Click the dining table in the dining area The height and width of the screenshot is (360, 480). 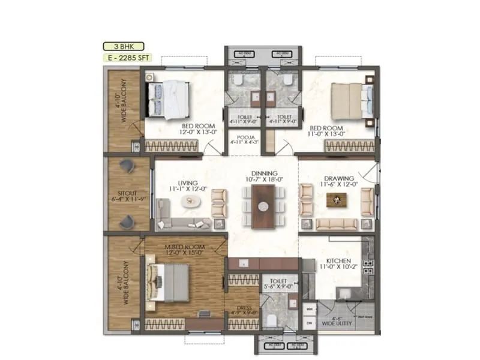coord(263,206)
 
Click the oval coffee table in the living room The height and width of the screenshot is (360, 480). coord(191,202)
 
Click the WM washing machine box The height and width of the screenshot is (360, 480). coord(310,309)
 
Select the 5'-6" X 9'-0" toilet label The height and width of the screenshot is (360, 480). coord(280,283)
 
